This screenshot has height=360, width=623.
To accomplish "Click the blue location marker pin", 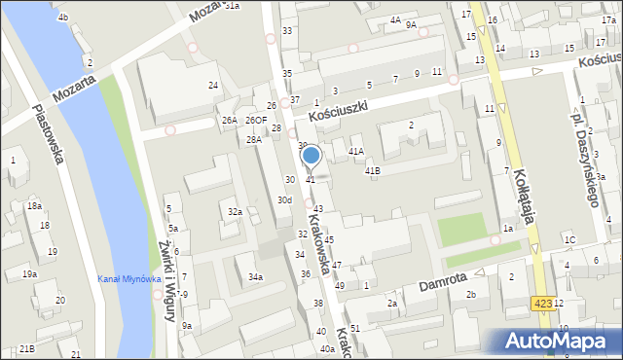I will click(311, 156).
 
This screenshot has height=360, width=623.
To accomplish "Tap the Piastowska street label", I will click(47, 133).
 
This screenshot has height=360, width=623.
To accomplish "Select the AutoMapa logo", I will click(559, 341).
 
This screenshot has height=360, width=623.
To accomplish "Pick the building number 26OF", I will click(256, 120).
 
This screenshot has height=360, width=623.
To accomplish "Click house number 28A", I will click(253, 140).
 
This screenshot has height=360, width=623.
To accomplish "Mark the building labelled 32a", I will click(235, 211).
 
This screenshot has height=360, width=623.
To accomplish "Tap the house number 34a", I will click(255, 277).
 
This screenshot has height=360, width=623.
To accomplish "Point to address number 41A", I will click(356, 151).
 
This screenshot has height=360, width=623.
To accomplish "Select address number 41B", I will click(372, 170).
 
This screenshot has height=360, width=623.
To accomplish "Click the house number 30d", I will click(283, 199).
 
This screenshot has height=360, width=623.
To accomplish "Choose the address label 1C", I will click(569, 239).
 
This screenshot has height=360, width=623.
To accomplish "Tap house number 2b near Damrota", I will click(470, 294).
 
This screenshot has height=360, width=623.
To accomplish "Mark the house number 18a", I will click(34, 206).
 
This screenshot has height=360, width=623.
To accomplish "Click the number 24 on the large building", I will click(212, 86).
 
